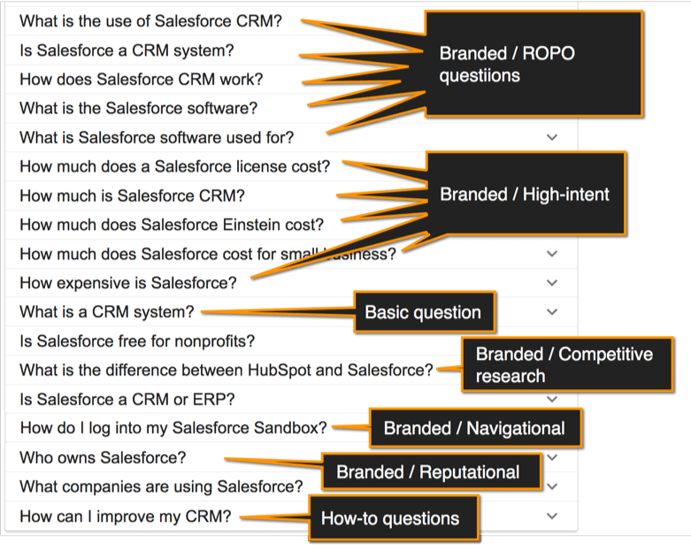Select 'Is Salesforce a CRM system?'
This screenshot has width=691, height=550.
click(x=127, y=50)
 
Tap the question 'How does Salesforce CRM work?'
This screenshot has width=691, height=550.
click(x=141, y=80)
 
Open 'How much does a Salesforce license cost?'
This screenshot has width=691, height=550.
click(x=174, y=166)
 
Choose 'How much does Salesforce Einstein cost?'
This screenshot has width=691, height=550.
click(x=172, y=225)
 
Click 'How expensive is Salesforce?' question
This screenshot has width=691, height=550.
click(x=128, y=283)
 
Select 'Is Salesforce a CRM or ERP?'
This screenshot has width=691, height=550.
click(x=127, y=399)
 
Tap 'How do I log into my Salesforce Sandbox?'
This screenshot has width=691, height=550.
click(x=173, y=428)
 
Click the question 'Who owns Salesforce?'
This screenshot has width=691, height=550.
click(x=103, y=458)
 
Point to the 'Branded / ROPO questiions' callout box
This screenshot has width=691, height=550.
click(x=534, y=64)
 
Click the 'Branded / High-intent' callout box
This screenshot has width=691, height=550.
click(x=526, y=195)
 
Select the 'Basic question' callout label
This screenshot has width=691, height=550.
click(x=423, y=312)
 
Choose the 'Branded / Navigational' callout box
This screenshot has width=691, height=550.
click(x=474, y=429)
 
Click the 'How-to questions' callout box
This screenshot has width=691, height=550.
click(x=390, y=519)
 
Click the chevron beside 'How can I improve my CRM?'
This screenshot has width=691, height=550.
click(x=552, y=516)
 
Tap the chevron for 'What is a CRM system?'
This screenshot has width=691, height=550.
click(x=552, y=312)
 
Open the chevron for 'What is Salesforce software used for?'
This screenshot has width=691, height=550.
click(x=552, y=137)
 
